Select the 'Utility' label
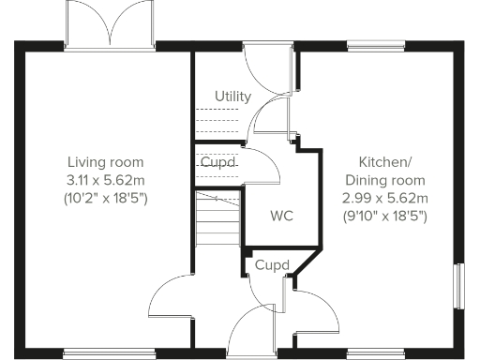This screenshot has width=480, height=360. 232,97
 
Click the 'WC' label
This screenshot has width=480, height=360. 281,217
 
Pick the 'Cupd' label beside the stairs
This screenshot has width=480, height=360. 217,162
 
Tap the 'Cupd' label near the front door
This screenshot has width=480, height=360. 271,265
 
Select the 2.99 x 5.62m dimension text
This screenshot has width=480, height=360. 385,198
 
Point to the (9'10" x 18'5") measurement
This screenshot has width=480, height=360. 385,217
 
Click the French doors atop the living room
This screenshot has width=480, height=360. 110,24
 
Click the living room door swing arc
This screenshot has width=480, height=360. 171,298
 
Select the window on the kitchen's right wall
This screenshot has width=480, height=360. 459,284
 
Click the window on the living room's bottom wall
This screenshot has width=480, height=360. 110,353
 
